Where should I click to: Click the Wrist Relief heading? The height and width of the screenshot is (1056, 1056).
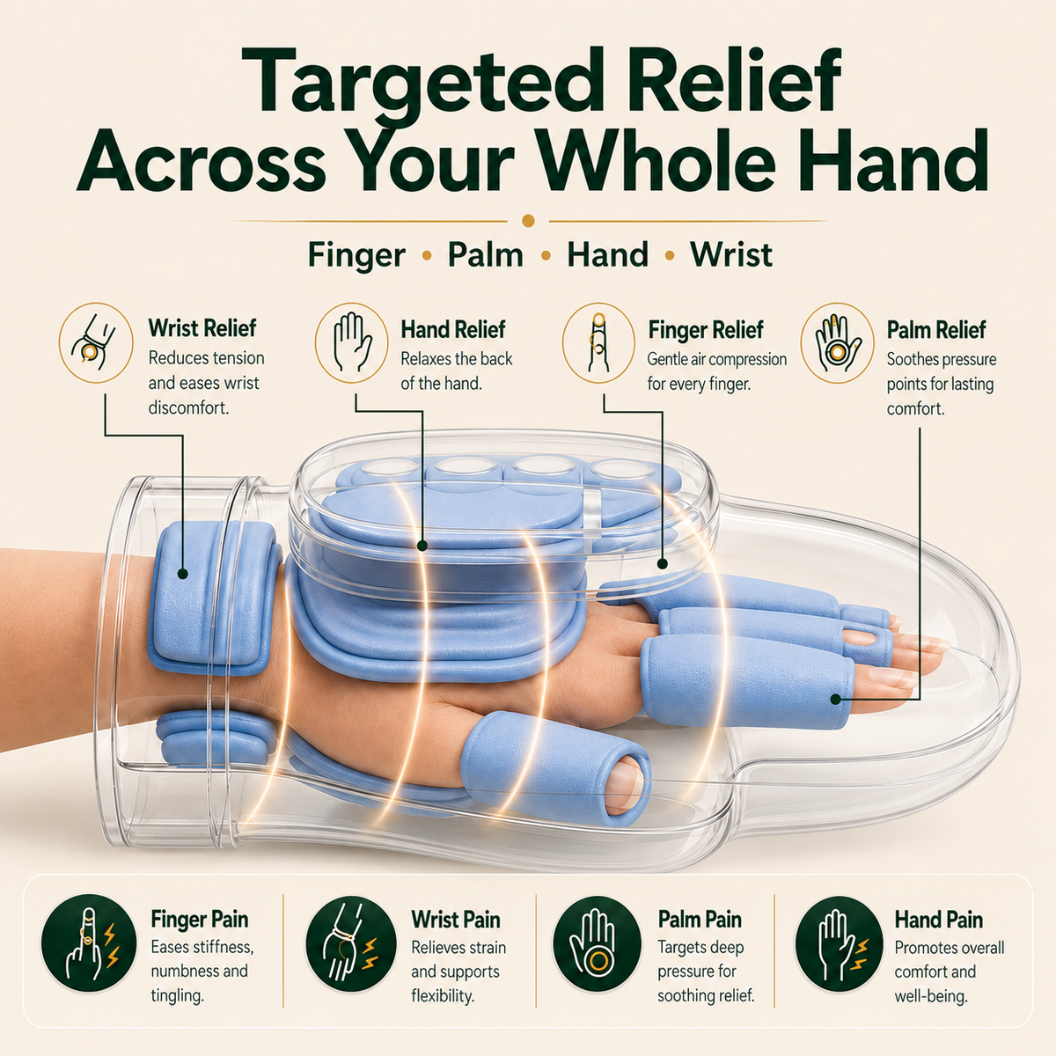[202, 329]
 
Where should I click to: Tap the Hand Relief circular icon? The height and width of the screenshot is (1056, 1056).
[351, 343]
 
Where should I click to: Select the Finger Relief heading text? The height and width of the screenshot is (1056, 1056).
[705, 330]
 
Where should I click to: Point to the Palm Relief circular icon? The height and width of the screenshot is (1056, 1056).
[837, 343]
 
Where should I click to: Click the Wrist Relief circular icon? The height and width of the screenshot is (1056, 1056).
[96, 343]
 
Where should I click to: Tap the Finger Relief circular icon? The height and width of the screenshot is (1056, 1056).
[598, 343]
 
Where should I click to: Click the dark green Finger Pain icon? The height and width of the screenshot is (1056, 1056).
[89, 943]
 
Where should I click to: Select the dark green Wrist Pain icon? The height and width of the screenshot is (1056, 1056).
[351, 943]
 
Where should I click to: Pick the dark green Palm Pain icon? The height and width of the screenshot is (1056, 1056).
[597, 943]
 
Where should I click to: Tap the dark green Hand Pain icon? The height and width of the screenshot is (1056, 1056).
[839, 943]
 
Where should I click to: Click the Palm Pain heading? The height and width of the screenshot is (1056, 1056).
[700, 920]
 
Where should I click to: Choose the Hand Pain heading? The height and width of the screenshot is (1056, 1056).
[939, 920]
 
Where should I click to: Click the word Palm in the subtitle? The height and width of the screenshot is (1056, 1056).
[485, 255]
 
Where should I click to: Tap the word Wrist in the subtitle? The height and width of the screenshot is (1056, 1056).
[731, 255]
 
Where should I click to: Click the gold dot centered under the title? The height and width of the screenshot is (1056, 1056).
[528, 221]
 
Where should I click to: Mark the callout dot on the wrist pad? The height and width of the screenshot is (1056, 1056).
[182, 574]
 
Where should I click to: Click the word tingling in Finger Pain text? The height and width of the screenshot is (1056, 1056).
[177, 994]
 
